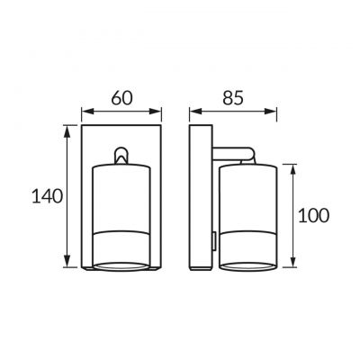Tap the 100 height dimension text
click(311, 215)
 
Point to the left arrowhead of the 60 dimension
click(85, 113)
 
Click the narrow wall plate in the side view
click(200, 198)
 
